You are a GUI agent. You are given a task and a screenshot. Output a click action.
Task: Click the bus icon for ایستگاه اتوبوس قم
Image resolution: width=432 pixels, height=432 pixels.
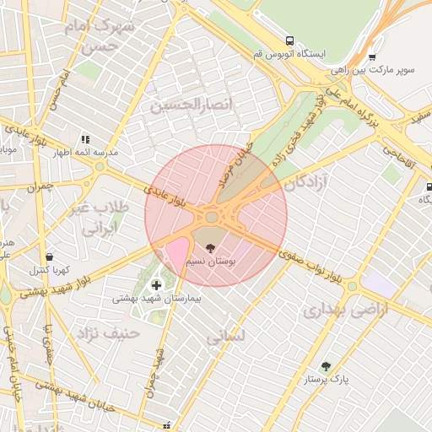tap(290, 40)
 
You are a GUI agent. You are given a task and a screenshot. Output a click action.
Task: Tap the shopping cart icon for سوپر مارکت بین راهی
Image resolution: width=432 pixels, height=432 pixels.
tap(372, 57)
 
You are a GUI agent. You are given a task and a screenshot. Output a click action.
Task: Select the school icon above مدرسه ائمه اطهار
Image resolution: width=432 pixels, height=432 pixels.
tap(84, 139)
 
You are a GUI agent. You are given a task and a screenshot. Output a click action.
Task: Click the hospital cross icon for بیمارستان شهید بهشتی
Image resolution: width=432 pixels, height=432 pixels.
tap(156, 285)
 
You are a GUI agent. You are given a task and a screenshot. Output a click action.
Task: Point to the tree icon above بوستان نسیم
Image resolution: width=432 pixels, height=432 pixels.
tap(210, 248)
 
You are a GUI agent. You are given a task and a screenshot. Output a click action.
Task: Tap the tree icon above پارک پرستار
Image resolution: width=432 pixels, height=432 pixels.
tap(326, 366)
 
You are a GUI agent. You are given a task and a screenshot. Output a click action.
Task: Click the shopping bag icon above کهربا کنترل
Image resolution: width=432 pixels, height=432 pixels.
tap(49, 256)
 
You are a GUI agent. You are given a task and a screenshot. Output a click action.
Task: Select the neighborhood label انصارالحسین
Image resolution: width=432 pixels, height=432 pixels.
tap(190, 105)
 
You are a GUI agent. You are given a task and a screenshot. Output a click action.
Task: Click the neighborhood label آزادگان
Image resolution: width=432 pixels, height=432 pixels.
tap(306, 182)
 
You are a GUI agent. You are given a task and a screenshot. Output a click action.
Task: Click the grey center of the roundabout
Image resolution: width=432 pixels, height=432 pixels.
tap(210, 218)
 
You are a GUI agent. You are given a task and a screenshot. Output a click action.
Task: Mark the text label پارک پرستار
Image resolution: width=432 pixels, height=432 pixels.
tap(327, 381)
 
